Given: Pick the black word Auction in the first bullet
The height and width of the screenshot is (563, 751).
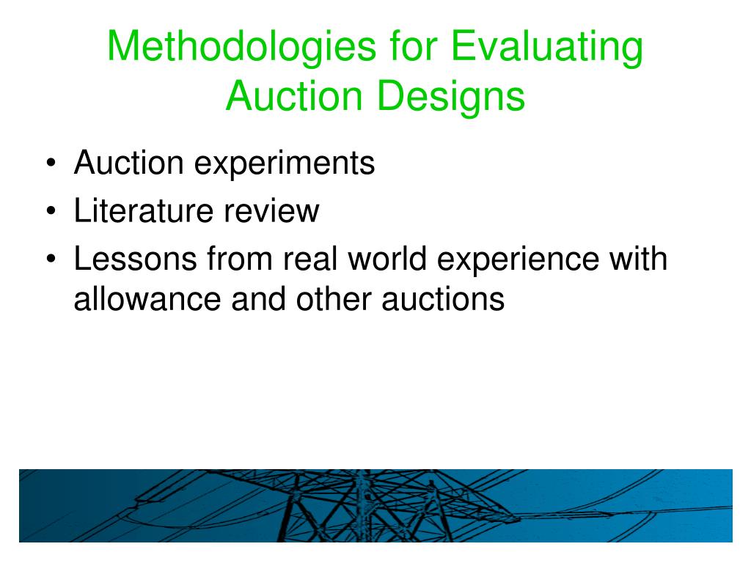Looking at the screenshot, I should [128, 163].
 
